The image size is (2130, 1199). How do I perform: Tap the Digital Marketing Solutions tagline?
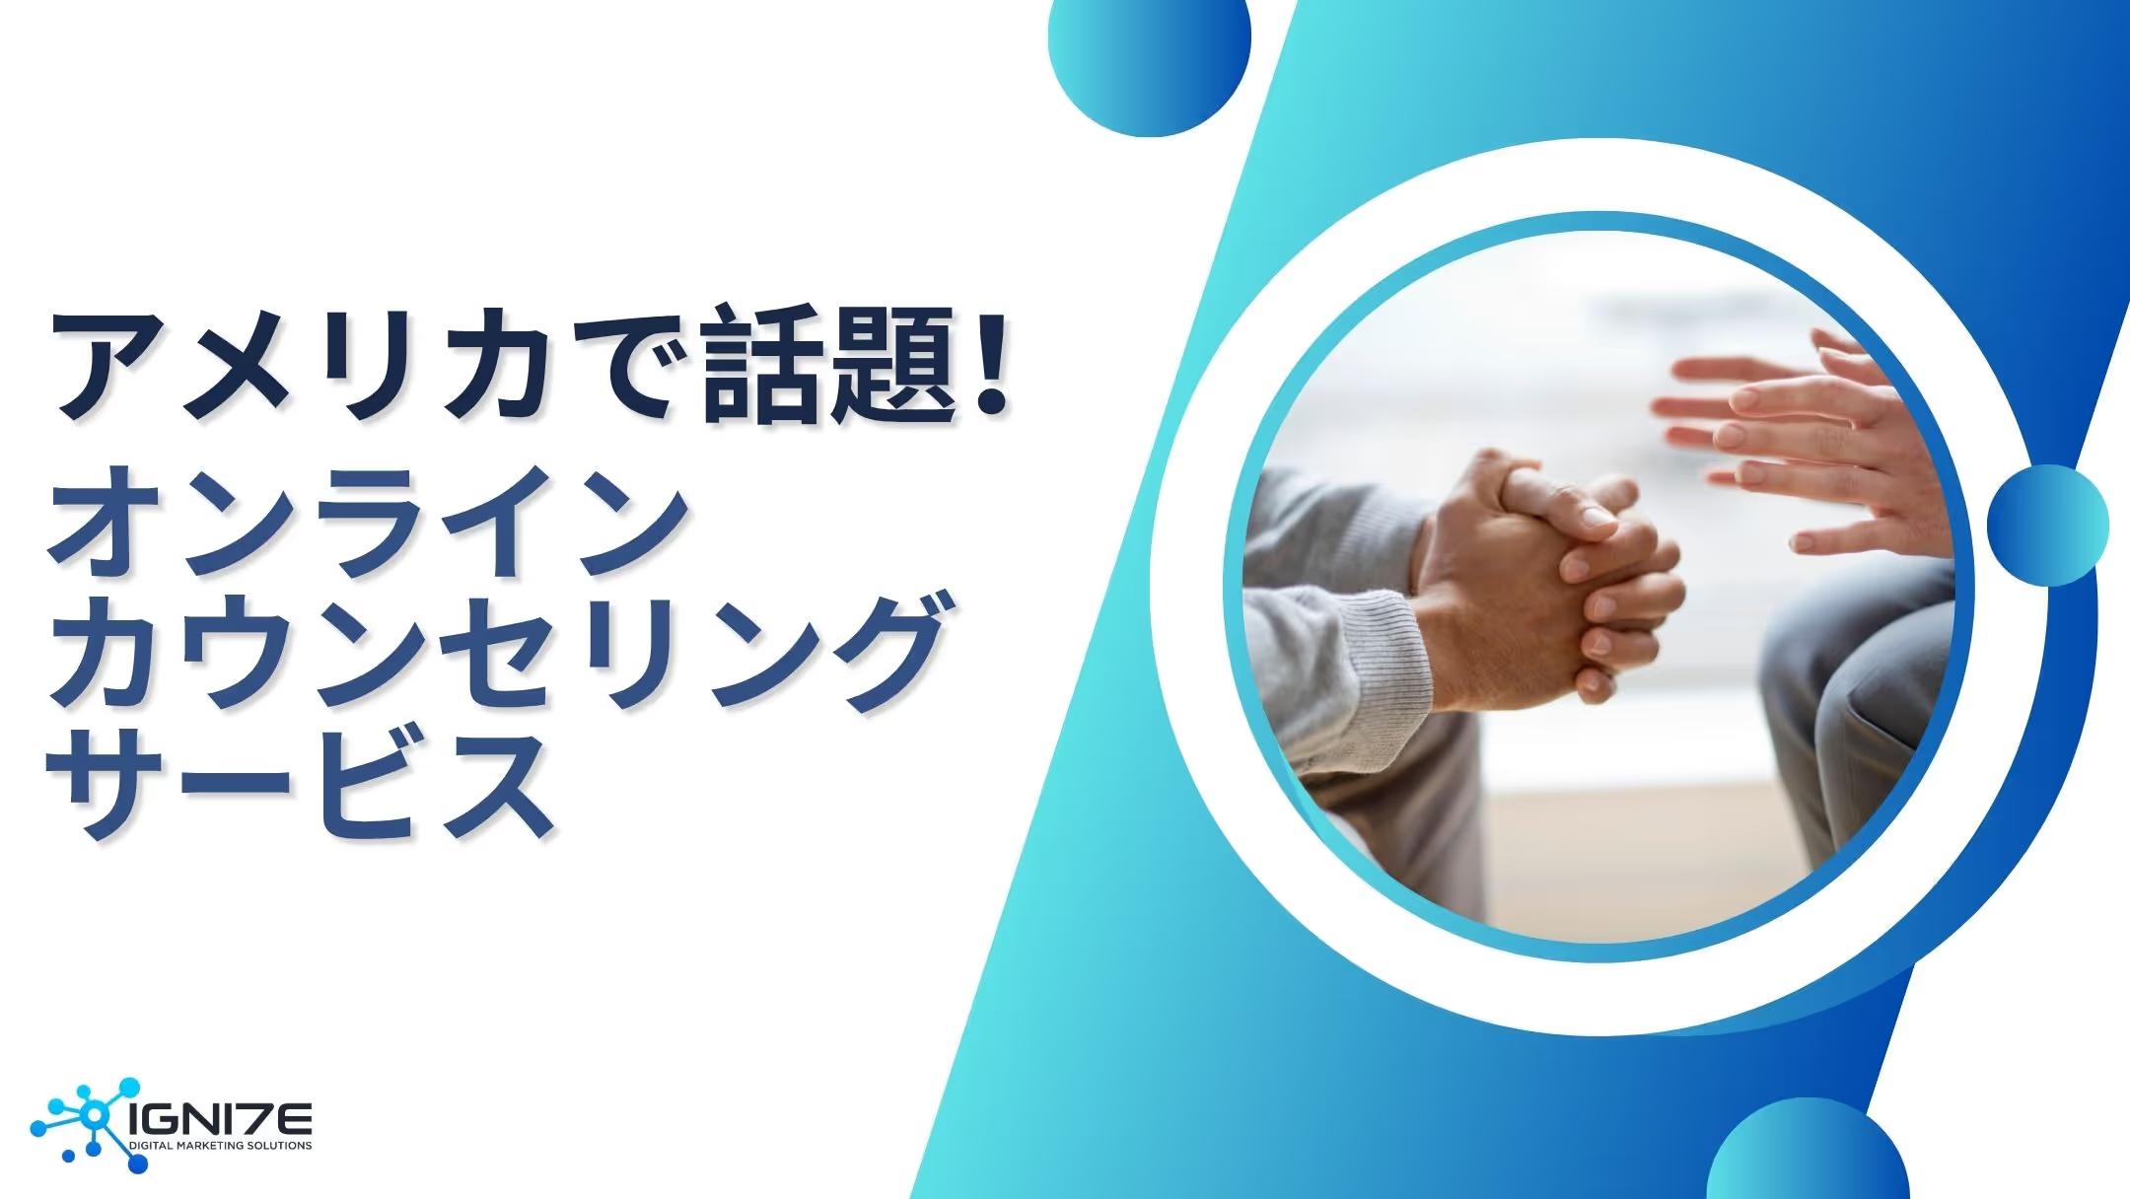(x=222, y=1147)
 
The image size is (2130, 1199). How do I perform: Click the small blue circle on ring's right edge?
(x=2046, y=525)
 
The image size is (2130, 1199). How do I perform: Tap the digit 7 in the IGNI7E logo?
(x=260, y=1119)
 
